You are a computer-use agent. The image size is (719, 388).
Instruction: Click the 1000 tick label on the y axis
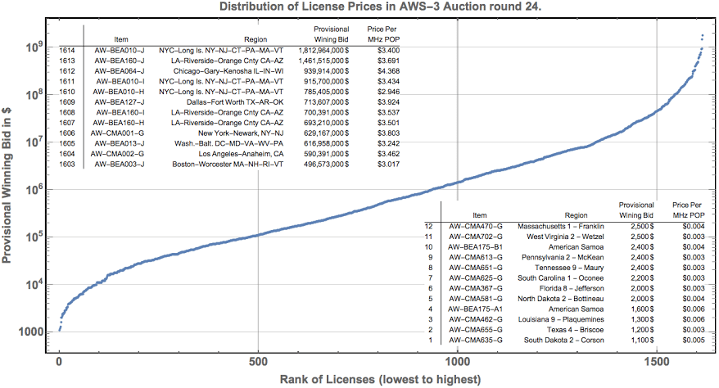[x=27, y=332]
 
